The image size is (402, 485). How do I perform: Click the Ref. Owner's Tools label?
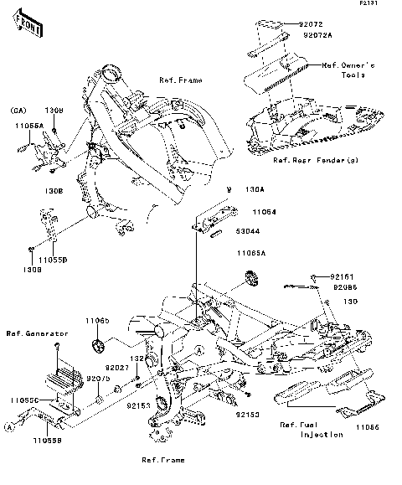(349, 70)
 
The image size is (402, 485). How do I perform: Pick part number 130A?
(255, 190)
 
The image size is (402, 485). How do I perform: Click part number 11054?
(254, 213)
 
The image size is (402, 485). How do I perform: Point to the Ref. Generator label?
(31, 334)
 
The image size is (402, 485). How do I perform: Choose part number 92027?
(116, 367)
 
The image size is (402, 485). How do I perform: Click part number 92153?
(138, 405)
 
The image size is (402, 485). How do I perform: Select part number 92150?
(246, 415)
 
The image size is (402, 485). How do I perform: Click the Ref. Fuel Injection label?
(312, 430)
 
